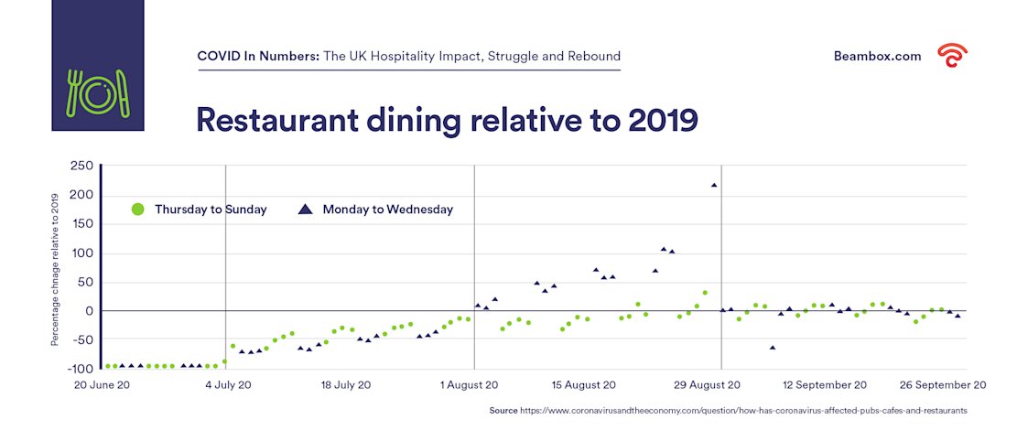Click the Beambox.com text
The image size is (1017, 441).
[877, 56]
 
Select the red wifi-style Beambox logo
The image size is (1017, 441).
[952, 56]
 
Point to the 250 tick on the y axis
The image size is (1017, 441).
[82, 166]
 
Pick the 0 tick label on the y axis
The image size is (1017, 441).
[89, 311]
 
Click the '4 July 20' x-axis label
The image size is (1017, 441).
[228, 385]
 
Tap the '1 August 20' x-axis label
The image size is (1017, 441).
[469, 385]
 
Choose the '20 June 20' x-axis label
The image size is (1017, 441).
[102, 385]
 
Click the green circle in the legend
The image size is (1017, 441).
[138, 210]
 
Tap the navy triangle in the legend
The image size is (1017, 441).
[306, 210]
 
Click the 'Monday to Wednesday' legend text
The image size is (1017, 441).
[387, 210]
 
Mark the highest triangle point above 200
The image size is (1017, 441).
[714, 185]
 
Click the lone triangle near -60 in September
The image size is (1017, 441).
[773, 348]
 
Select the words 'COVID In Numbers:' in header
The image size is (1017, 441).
[258, 56]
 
